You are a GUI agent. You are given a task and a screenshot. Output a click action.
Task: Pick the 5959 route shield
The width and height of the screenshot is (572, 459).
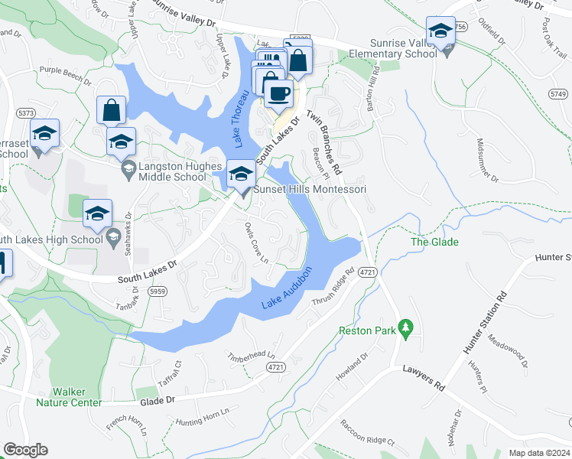coord(158,291)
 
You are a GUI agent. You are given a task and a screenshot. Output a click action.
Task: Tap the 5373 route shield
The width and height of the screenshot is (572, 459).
coord(26,113)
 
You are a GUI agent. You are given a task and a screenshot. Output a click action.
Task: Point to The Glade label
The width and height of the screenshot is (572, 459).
coord(434,243)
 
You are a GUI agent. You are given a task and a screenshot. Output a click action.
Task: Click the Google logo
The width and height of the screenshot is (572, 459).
coord(25,450)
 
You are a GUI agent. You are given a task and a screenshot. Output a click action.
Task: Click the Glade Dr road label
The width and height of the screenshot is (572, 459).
coord(158,399)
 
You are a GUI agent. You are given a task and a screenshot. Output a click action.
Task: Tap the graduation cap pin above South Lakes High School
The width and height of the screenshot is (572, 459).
coord(98,215)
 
